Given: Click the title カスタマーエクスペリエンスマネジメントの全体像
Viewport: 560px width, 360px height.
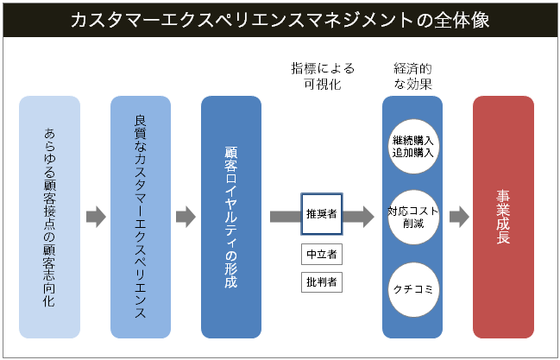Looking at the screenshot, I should pyautogui.click(x=280, y=20).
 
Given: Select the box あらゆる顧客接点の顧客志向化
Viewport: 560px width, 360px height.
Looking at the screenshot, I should pyautogui.click(x=49, y=217).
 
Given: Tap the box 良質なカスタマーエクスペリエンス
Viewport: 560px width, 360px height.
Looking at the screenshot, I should pyautogui.click(x=141, y=217).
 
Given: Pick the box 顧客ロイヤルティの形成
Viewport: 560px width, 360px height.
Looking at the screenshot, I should pyautogui.click(x=230, y=217).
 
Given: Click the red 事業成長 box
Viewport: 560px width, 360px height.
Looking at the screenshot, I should pyautogui.click(x=503, y=217).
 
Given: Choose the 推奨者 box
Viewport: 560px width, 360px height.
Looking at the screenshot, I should pyautogui.click(x=322, y=213).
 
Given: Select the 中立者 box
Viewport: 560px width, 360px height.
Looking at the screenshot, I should pyautogui.click(x=322, y=255).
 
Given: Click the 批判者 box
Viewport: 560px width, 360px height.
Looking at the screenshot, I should pyautogui.click(x=322, y=281).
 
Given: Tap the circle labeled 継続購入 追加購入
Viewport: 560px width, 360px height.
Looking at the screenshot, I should pyautogui.click(x=412, y=145).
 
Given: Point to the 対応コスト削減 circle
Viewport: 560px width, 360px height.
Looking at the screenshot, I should pyautogui.click(x=412, y=216).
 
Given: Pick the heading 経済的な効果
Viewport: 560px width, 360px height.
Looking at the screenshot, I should pyautogui.click(x=412, y=76).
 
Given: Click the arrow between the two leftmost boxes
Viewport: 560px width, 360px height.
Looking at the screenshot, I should pyautogui.click(x=95, y=217).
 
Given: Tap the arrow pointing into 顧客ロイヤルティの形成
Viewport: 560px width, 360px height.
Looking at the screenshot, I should pyautogui.click(x=186, y=217).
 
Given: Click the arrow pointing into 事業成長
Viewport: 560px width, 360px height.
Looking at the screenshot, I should pyautogui.click(x=459, y=217).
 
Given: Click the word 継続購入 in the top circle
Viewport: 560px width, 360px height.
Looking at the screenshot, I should pyautogui.click(x=412, y=139).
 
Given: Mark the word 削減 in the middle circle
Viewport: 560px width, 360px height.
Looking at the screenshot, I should pyautogui.click(x=412, y=223).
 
